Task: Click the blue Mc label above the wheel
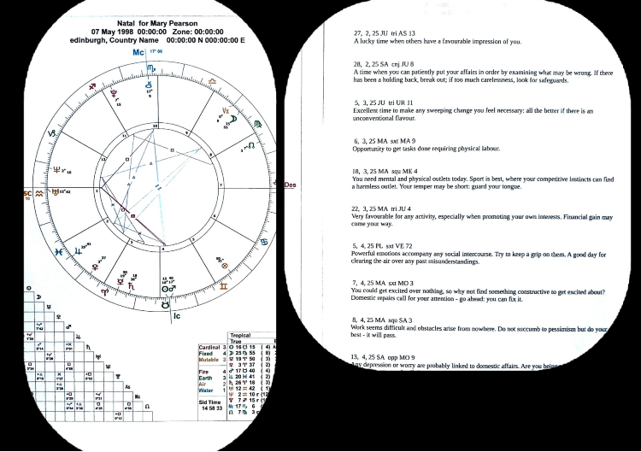click(138, 53)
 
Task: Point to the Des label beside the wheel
click(290, 185)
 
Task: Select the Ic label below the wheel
click(177, 316)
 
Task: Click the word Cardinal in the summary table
click(203, 347)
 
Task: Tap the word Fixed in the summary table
click(198, 354)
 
